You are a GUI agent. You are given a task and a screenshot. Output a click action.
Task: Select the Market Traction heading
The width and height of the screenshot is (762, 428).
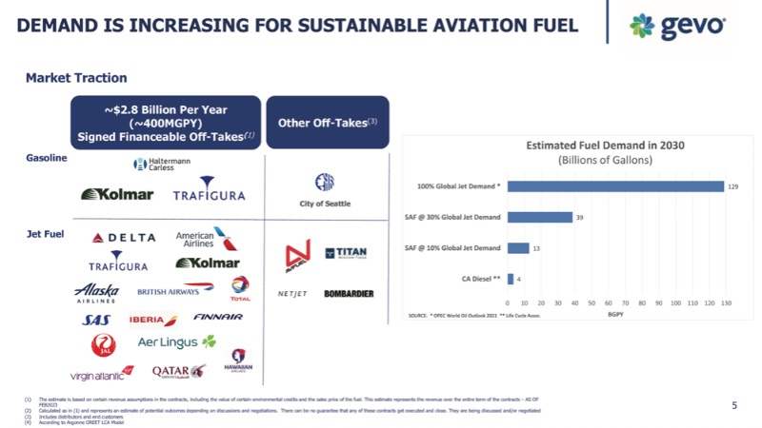[76, 78]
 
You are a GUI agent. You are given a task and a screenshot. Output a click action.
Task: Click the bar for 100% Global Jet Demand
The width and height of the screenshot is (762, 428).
[615, 186]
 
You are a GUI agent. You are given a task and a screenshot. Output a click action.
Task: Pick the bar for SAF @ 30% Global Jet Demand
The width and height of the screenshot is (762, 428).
[540, 217]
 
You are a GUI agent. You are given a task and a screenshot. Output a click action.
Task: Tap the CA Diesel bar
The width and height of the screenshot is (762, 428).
[511, 279]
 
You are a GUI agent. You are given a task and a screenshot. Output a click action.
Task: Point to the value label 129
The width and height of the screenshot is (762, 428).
[733, 186]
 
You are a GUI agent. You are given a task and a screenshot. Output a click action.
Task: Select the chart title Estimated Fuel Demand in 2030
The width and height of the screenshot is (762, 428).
[606, 146]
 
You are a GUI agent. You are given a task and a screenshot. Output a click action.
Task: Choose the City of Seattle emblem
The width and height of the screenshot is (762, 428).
[325, 185]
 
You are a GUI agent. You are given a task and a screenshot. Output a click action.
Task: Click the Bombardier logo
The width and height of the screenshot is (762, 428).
[349, 294]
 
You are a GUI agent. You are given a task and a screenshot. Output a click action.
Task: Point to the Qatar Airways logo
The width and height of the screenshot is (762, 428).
[179, 371]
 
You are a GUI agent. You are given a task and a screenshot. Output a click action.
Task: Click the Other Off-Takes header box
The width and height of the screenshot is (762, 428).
[327, 122]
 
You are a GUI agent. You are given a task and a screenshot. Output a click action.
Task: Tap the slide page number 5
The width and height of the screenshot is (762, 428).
[733, 405]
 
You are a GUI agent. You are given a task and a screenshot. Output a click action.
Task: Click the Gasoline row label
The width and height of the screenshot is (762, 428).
[47, 158]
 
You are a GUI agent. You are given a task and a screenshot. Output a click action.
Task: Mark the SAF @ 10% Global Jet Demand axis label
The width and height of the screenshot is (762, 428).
[452, 248]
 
